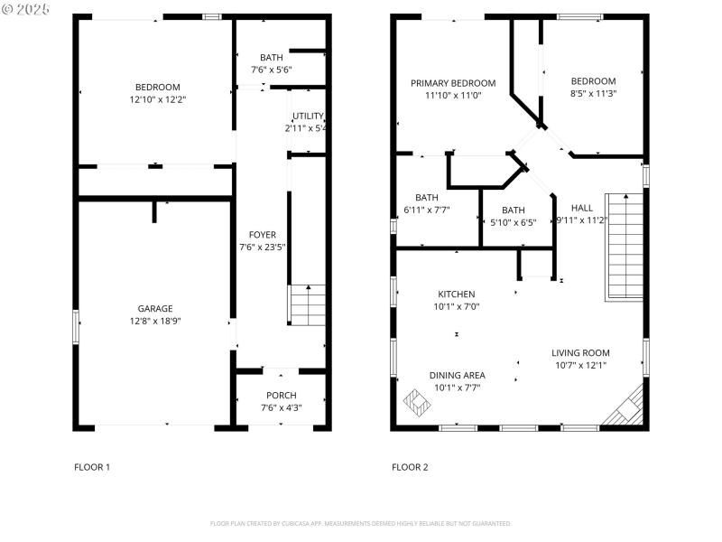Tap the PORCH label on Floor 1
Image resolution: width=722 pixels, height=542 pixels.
pyautogui.click(x=281, y=396)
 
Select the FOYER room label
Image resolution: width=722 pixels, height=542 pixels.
pyautogui.click(x=263, y=235)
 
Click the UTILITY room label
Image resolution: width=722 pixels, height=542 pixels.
pyautogui.click(x=308, y=116)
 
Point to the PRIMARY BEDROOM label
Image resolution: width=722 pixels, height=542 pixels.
pyautogui.click(x=453, y=83)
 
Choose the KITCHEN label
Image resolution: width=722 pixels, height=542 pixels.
pyautogui.click(x=456, y=294)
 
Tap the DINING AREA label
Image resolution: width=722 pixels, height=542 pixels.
pyautogui.click(x=457, y=375)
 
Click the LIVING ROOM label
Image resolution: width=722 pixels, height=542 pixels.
pyautogui.click(x=580, y=353)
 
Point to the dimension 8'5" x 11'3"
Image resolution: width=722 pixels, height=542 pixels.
pyautogui.click(x=593, y=93)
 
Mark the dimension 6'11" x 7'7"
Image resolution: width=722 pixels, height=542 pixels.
pyautogui.click(x=427, y=210)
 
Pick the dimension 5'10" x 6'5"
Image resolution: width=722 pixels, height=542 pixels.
pyautogui.click(x=513, y=222)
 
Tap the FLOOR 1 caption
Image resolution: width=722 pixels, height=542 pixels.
pyautogui.click(x=92, y=467)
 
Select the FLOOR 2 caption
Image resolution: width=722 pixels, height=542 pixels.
pyautogui.click(x=410, y=467)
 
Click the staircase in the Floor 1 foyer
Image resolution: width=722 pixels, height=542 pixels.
pyautogui.click(x=308, y=305)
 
